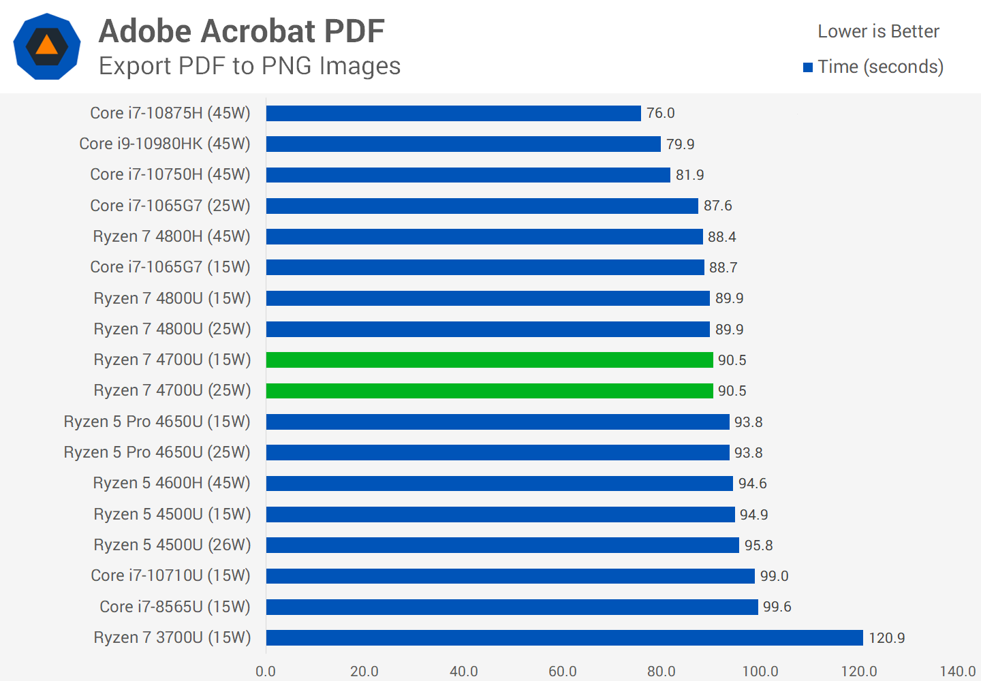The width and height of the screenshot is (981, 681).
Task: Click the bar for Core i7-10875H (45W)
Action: click(453, 113)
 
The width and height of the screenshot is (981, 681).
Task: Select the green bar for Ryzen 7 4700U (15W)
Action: click(489, 360)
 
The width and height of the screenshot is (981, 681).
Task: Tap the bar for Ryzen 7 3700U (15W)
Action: click(564, 637)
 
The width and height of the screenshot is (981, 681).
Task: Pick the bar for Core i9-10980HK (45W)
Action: click(463, 144)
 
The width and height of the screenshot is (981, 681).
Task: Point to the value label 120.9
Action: click(886, 638)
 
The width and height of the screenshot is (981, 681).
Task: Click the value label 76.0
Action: click(660, 113)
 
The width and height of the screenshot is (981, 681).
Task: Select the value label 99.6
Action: click(777, 607)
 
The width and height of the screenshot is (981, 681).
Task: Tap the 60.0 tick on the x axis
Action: click(562, 671)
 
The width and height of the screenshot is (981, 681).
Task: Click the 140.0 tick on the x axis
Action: click(957, 671)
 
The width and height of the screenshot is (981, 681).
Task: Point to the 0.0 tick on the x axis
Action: click(266, 671)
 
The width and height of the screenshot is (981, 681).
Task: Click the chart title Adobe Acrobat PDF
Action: click(242, 31)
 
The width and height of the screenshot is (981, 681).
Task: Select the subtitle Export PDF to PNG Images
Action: click(249, 66)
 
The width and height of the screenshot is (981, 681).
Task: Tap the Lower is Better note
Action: click(878, 31)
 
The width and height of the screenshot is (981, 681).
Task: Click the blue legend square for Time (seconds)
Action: click(808, 67)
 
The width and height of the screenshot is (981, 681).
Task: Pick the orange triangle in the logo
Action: click(46, 45)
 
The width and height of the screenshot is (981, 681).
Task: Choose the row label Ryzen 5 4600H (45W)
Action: click(172, 483)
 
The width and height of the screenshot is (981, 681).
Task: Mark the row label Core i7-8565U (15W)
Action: click(175, 607)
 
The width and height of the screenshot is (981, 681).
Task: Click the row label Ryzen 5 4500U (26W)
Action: click(172, 545)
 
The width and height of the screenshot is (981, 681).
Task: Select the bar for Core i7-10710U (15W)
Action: click(510, 576)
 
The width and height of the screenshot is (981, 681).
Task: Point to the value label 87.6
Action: click(717, 206)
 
